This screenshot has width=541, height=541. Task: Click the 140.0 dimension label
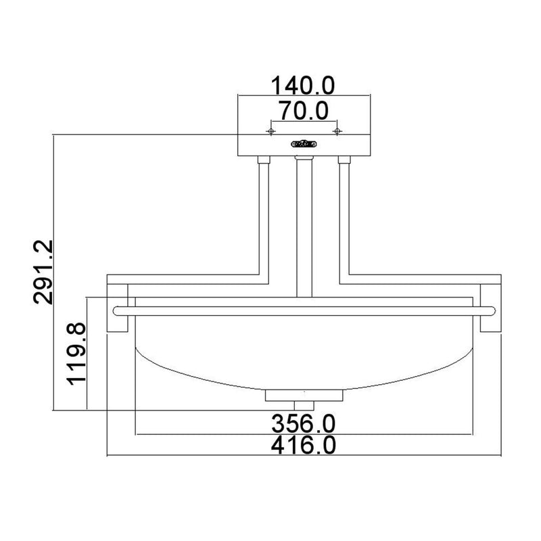(x=302, y=86)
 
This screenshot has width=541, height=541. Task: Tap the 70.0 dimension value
(x=304, y=110)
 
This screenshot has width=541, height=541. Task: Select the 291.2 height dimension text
(x=43, y=272)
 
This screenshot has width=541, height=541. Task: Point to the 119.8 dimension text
(x=76, y=354)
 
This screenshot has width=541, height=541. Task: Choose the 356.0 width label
(x=303, y=424)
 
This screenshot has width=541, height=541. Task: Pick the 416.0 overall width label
(x=303, y=445)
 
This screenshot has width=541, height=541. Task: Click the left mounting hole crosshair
(x=271, y=131)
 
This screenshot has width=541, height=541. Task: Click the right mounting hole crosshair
(x=337, y=131)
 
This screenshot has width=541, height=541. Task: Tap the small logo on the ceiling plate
(x=304, y=143)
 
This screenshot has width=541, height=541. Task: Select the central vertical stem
(x=304, y=228)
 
